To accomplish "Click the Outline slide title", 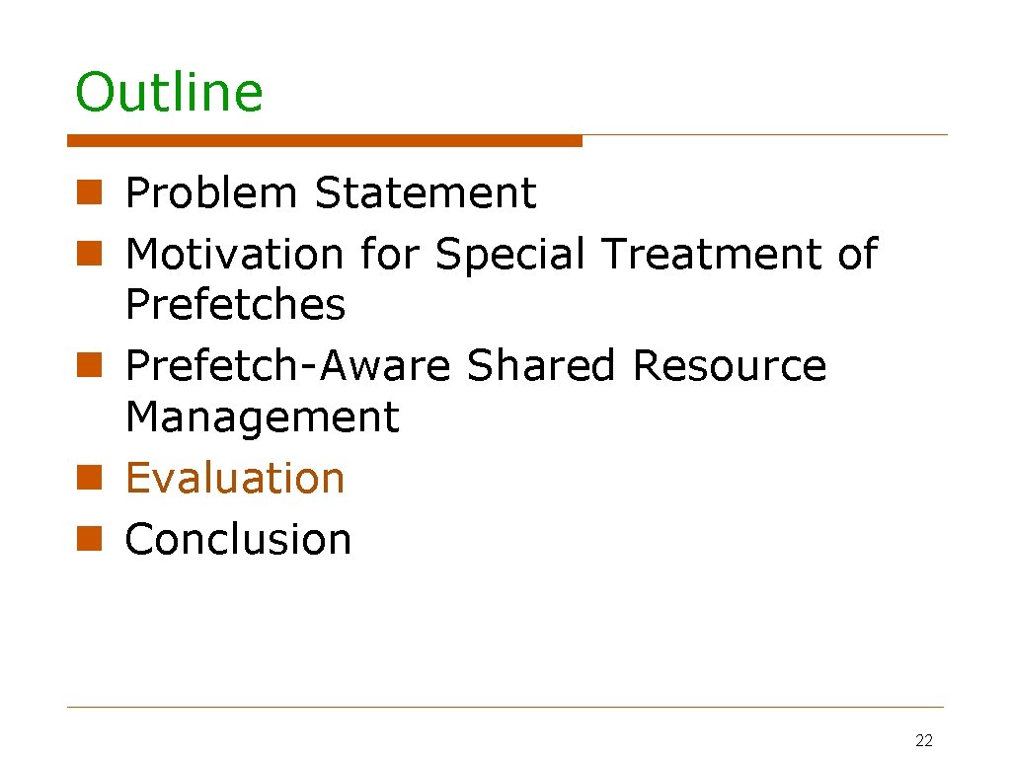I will [169, 92].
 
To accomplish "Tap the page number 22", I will [924, 741].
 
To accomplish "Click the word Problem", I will [211, 193].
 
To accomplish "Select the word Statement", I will [425, 193].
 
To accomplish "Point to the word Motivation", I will [234, 255].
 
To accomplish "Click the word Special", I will [510, 255].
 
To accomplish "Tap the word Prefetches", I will [235, 305].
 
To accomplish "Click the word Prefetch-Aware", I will [287, 366].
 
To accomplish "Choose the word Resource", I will [729, 366].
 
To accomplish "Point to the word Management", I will [262, 417].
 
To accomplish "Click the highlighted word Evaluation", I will [235, 479].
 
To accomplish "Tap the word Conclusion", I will [238, 540].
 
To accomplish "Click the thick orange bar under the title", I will [325, 141].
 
